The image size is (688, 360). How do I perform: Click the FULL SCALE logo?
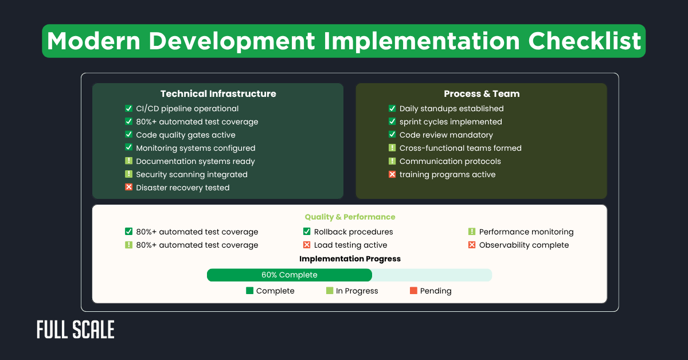coord(76,330)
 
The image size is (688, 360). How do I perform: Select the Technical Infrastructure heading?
coord(218,93)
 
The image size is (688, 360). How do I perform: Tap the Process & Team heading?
coord(482,93)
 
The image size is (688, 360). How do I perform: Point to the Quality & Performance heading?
coord(350,217)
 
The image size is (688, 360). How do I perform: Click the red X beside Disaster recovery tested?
coord(128,187)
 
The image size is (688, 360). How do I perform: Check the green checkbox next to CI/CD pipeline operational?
coord(128,108)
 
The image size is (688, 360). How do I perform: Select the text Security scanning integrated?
coord(191,174)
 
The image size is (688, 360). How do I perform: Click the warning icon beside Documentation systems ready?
coord(128,161)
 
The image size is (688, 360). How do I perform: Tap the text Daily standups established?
coord(451,108)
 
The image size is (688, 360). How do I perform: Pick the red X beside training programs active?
coord(392,174)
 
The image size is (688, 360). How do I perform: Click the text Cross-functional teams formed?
coord(460,148)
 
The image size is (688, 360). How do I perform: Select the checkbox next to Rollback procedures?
coord(307,232)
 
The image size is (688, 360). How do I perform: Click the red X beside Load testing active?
coord(307,245)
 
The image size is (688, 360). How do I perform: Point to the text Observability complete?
coord(524,245)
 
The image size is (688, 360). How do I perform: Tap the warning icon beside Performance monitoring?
coord(472,232)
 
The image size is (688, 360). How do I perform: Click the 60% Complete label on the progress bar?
coord(289,275)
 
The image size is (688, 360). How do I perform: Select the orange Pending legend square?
coord(413,291)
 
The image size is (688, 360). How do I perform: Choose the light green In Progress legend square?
coord(330,291)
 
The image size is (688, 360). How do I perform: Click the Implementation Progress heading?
coord(350,259)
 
